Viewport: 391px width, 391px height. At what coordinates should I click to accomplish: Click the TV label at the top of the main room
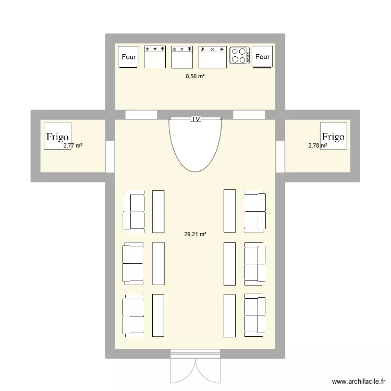pyautogui.click(x=195, y=119)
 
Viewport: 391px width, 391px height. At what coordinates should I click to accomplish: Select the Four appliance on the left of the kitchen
pyautogui.click(x=129, y=57)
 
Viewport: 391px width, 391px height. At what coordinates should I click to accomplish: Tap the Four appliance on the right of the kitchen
pyautogui.click(x=263, y=57)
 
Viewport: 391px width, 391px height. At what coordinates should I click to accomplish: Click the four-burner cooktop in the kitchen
pyautogui.click(x=239, y=56)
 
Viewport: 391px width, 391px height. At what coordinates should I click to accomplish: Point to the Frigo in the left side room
pyautogui.click(x=57, y=137)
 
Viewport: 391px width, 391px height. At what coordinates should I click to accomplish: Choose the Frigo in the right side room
pyautogui.click(x=333, y=136)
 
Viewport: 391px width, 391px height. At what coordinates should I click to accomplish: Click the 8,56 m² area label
pyautogui.click(x=195, y=76)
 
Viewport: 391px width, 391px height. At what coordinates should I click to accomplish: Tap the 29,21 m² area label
pyautogui.click(x=195, y=235)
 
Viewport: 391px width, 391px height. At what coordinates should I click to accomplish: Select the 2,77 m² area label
pyautogui.click(x=73, y=146)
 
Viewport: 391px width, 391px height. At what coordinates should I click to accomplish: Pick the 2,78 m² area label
pyautogui.click(x=317, y=146)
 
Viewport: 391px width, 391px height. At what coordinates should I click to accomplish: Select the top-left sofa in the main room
pyautogui.click(x=133, y=211)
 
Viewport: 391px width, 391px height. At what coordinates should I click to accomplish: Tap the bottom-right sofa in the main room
pyautogui.click(x=255, y=314)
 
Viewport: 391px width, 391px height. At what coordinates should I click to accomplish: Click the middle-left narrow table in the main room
pyautogui.click(x=158, y=263)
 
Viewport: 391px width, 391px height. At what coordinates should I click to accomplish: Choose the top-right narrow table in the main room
pyautogui.click(x=229, y=211)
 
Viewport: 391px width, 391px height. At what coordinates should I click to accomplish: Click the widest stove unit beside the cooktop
pyautogui.click(x=213, y=57)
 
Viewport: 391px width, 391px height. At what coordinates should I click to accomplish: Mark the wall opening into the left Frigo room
pyautogui.click(x=109, y=156)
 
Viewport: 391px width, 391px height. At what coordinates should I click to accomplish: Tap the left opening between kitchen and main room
pyautogui.click(x=141, y=115)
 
